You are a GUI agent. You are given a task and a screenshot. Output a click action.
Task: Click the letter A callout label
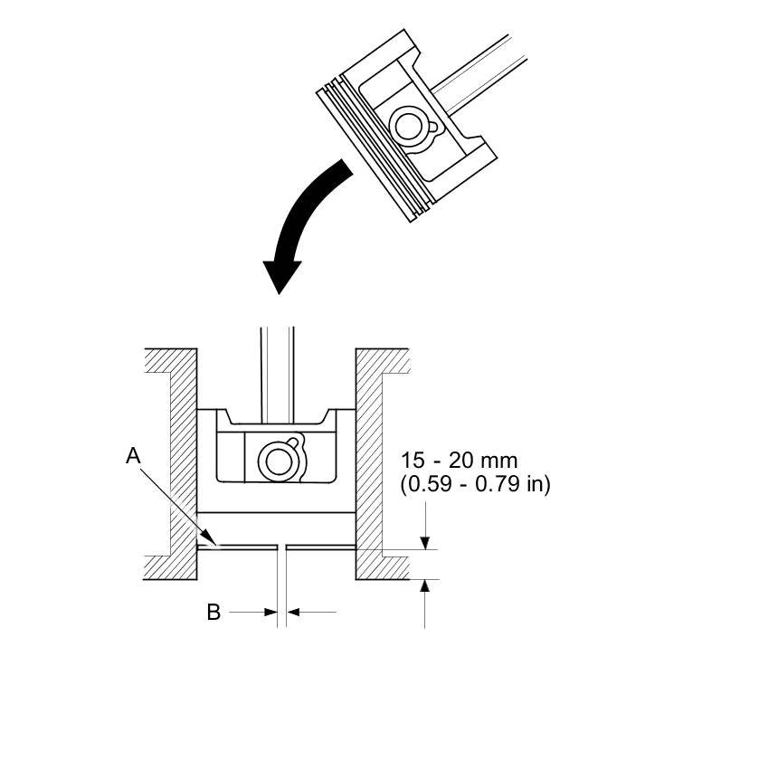point(133,457)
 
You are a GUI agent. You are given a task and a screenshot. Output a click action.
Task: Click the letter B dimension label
point(213,613)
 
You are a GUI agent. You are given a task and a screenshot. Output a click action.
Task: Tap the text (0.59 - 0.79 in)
point(475,485)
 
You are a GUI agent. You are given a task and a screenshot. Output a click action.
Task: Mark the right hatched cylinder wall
point(371,461)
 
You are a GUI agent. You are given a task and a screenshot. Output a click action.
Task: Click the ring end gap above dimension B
point(281,547)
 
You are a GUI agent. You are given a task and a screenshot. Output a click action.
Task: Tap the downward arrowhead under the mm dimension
point(424,542)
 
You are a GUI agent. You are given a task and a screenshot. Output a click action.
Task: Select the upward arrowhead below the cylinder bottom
point(424,586)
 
